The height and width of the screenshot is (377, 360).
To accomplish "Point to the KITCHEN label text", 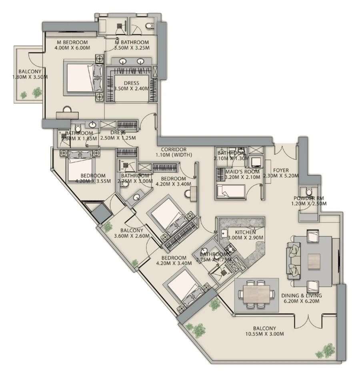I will click(x=245, y=232).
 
